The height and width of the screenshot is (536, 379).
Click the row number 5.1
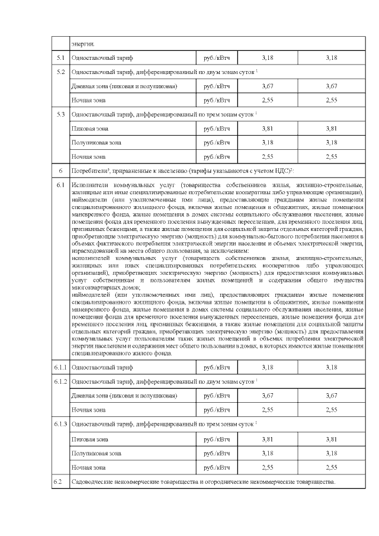[60, 57]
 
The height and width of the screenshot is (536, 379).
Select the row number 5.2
[60, 72]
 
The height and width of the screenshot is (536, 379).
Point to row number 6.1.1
[60, 367]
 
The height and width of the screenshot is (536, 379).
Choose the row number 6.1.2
[60, 381]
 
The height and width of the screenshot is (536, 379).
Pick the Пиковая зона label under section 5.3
[89, 128]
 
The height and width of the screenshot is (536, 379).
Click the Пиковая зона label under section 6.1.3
[89, 439]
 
